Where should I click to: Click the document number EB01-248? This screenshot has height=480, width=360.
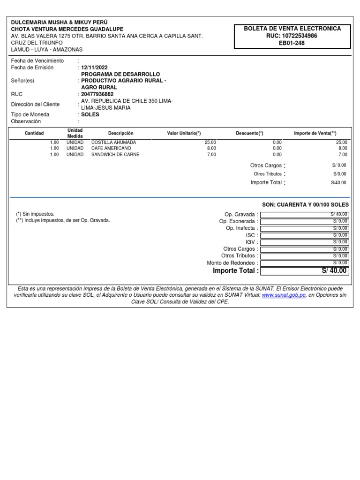292,43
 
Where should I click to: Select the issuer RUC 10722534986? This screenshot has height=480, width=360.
292,36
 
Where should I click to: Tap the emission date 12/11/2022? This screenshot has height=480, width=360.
94,67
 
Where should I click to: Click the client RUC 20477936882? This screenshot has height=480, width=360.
97,94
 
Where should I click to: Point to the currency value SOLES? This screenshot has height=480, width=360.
90,115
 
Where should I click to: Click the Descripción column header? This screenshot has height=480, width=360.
120,134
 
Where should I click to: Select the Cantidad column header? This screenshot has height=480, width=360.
34,134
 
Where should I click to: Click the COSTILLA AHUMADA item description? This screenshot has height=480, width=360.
113,142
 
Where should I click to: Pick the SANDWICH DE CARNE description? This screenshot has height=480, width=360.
115,154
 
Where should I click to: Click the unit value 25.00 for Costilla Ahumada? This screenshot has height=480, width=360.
210,142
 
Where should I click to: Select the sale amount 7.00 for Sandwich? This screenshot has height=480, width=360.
343,154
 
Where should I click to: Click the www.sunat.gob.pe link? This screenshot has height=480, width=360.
284,295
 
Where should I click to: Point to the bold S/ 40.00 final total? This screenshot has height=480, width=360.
334,271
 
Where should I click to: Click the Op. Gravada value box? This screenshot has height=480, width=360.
305,215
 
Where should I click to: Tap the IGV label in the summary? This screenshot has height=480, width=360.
250,242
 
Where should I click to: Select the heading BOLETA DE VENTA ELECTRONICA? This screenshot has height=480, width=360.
292,29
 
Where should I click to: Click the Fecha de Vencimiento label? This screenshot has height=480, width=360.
37,61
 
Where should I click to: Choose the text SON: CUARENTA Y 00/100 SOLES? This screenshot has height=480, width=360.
305,205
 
